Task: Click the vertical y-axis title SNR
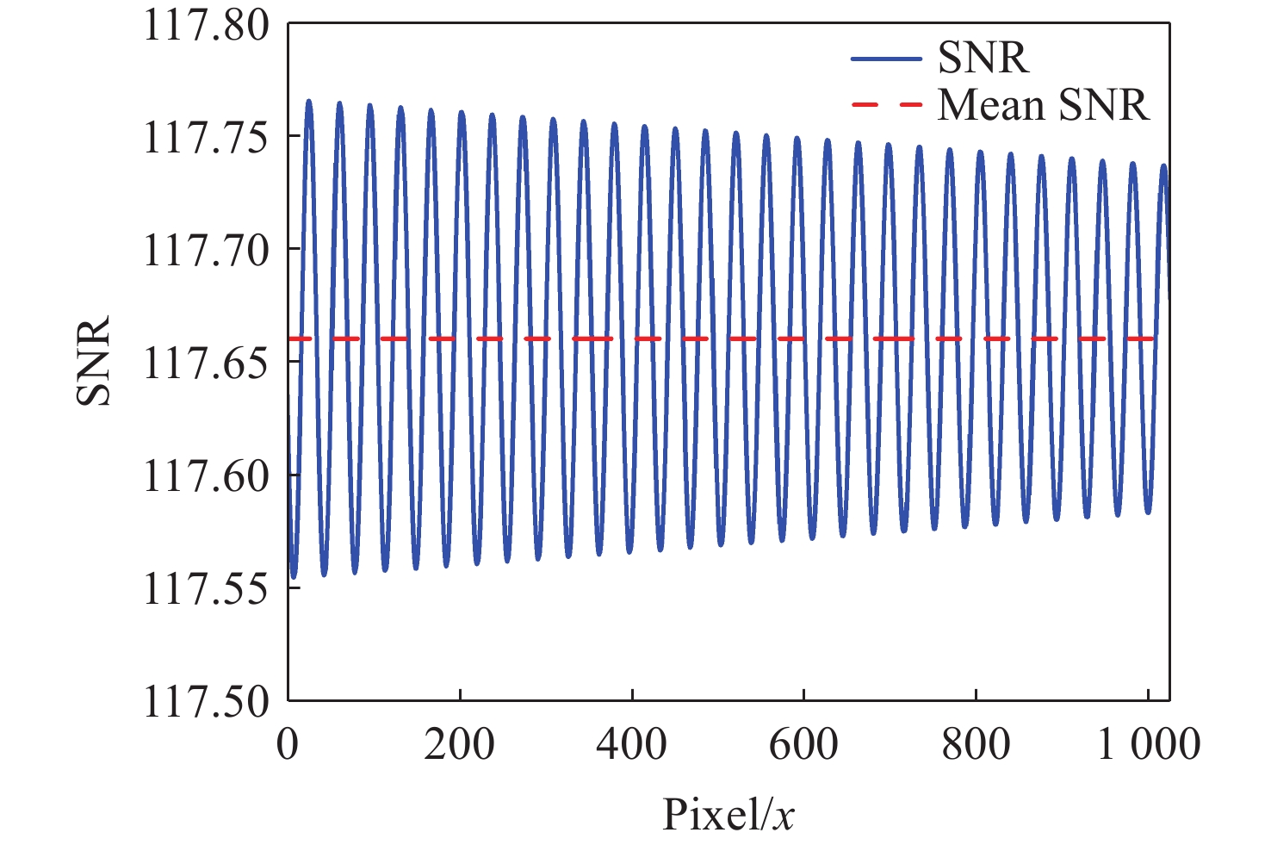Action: point(94,360)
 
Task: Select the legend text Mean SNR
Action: point(1044,105)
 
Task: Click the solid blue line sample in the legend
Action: point(886,59)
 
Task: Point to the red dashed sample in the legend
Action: point(886,105)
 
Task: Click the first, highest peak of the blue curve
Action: point(308,102)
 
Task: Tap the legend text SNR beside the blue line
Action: point(983,59)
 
